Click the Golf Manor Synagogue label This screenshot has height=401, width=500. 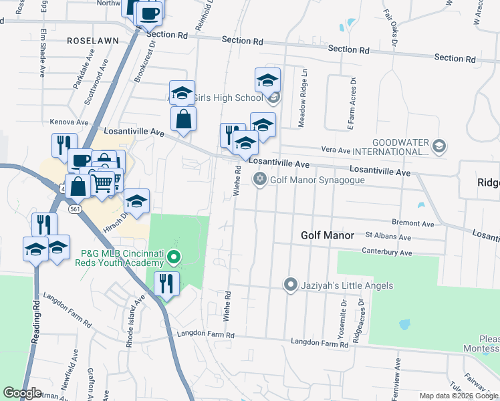317,179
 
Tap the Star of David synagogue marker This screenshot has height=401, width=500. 259,179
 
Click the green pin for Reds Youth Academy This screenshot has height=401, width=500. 174,257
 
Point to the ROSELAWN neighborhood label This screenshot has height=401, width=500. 93,41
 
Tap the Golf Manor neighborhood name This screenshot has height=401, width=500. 326,235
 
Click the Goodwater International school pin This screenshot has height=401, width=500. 439,146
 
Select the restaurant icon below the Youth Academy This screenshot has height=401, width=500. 166,283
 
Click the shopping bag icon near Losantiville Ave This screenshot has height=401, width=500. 183,119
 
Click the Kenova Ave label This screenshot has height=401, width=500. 70,123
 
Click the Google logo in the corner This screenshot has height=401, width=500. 22,393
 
